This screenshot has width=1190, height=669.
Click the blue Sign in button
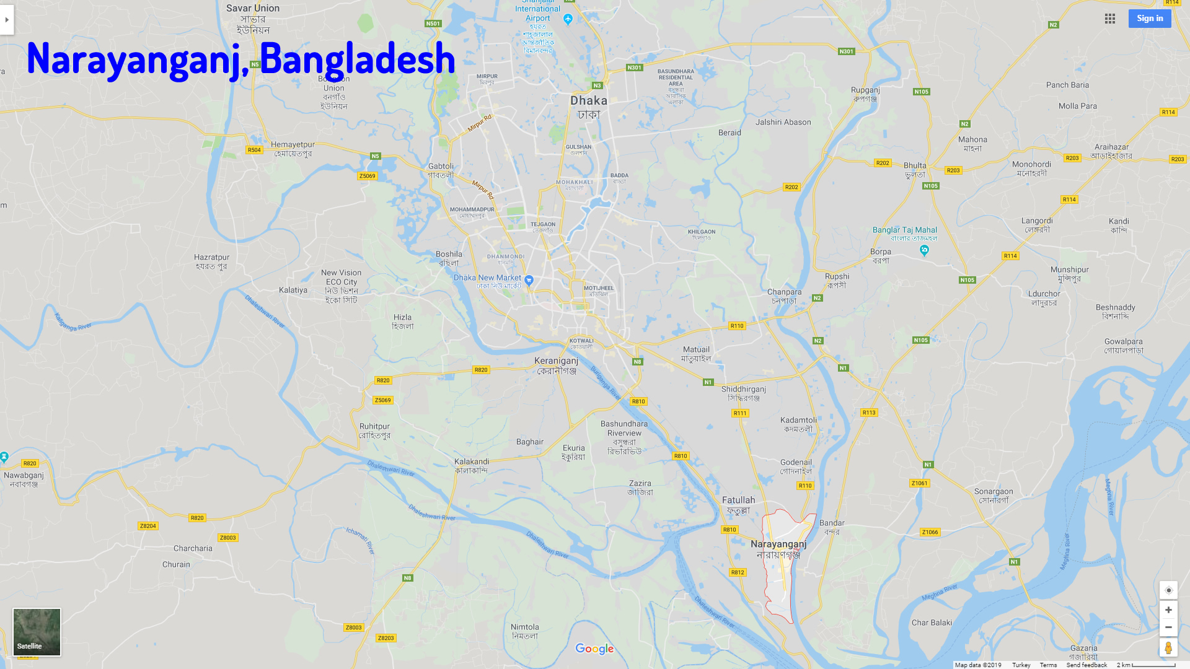[x=1149, y=19]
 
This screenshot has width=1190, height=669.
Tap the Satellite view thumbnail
[x=37, y=632]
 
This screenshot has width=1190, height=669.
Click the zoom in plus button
[x=1168, y=610]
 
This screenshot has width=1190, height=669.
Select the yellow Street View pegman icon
[x=1168, y=648]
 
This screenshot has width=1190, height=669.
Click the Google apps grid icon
[x=1110, y=19]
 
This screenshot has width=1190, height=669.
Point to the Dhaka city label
[x=589, y=100]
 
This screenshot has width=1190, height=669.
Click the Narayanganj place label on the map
[x=778, y=544]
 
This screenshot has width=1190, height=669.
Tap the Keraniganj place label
[x=556, y=361]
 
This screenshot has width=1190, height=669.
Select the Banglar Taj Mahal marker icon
[x=924, y=250]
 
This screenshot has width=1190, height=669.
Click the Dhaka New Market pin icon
[x=529, y=280]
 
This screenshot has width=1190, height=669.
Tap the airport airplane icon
[x=568, y=19]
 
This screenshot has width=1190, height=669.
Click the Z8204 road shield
[x=148, y=526]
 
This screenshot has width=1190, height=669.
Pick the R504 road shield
[x=254, y=150]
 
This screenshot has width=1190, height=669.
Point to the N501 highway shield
[x=433, y=24]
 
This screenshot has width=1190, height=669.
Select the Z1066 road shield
[x=930, y=532]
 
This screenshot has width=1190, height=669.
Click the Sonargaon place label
[x=994, y=492]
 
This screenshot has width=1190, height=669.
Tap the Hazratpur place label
[x=211, y=258]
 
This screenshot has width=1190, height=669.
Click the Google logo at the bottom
[x=594, y=649]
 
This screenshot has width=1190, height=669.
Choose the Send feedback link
[x=1086, y=665]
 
